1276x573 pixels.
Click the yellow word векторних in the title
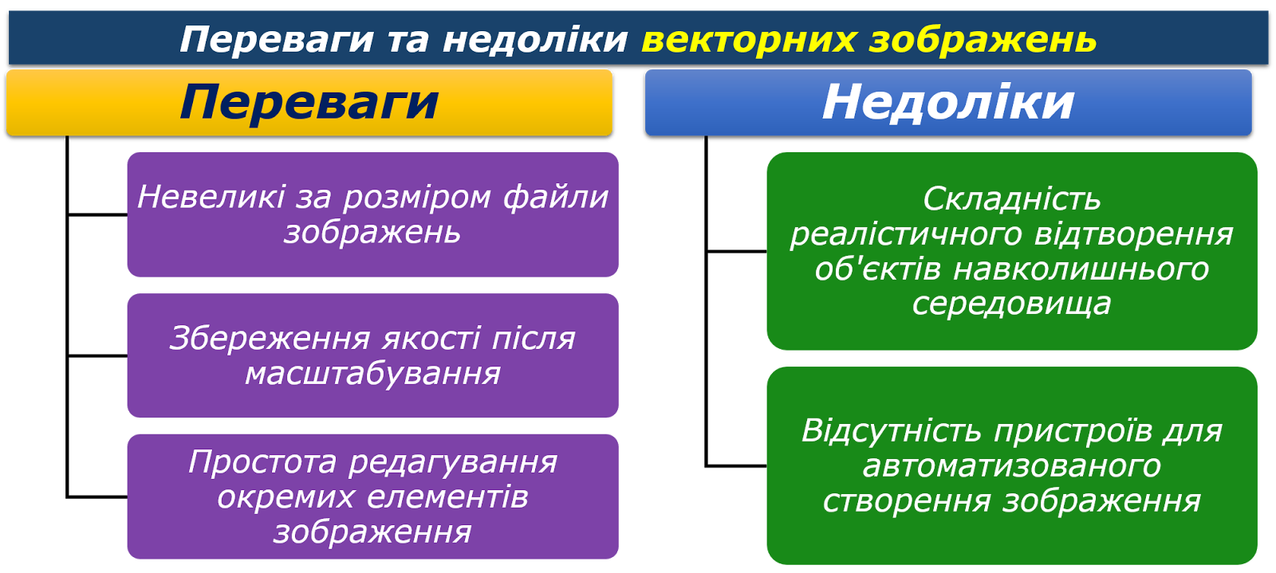749,40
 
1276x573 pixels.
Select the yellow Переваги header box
309,103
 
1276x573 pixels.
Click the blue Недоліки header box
948,103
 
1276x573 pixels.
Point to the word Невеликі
211,197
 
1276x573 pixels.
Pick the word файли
555,198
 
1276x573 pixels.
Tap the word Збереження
270,339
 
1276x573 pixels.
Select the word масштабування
372,375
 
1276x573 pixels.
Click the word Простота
262,462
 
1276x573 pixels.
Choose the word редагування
453,463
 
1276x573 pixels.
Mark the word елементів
447,498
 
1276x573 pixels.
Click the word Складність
1012,200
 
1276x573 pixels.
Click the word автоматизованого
1012,466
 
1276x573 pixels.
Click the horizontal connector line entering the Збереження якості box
97,355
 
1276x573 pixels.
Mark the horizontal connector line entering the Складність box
737,251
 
